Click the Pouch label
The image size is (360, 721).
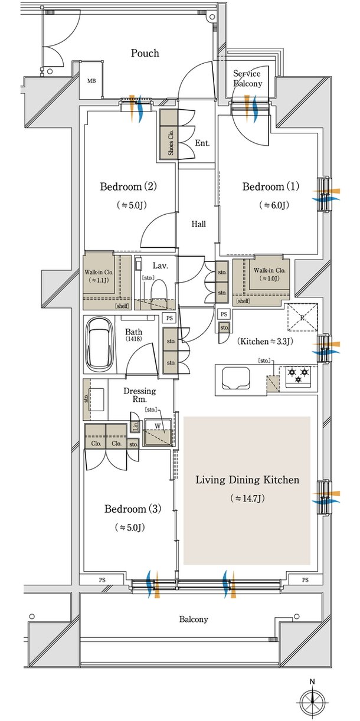click(145, 53)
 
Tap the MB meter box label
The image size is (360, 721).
click(91, 81)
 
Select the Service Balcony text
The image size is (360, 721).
click(248, 78)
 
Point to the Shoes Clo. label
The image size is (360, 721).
click(171, 143)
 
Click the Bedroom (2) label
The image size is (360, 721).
click(128, 186)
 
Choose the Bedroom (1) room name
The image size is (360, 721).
click(271, 186)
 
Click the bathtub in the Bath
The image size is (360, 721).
click(100, 344)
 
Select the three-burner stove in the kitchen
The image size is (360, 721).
click(298, 376)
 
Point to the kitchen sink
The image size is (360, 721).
click(236, 378)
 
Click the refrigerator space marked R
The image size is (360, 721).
click(302, 317)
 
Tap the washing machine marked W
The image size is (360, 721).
click(158, 432)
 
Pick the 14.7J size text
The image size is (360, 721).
click(247, 499)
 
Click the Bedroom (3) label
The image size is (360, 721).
click(133, 509)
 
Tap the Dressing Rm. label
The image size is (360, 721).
click(140, 395)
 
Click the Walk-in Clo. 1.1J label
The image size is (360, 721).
click(99, 276)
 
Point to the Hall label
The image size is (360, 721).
click(199, 224)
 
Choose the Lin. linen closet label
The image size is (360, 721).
click(136, 427)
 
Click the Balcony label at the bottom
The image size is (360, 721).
click(194, 619)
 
